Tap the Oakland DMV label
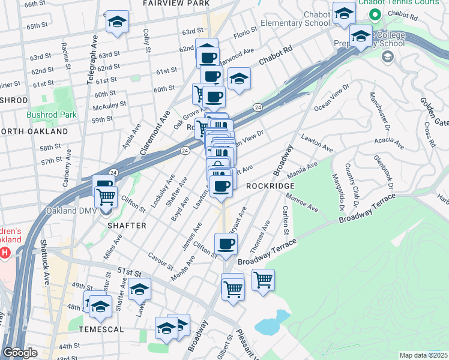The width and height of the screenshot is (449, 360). (69, 211)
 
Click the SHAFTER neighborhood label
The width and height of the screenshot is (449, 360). (127, 226)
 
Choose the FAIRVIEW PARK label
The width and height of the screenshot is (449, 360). (176, 4)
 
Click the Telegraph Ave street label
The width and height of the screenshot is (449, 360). (93, 59)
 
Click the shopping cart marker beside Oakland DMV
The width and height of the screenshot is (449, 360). (106, 195)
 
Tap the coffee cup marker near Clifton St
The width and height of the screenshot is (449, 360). (226, 244)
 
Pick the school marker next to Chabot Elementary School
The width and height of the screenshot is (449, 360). (344, 13)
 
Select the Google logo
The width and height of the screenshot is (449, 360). (19, 352)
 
